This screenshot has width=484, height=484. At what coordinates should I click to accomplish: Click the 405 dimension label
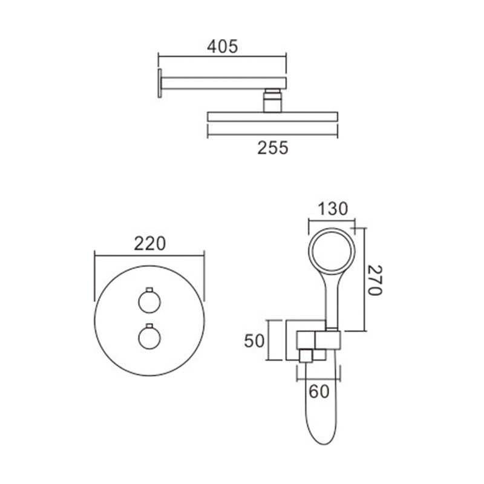[222, 47]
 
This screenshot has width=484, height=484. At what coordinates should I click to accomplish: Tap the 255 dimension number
[273, 148]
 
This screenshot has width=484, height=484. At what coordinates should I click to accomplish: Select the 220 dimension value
[149, 244]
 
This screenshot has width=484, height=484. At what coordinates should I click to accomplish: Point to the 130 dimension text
[332, 208]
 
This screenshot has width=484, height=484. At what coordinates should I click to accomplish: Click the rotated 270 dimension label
[375, 280]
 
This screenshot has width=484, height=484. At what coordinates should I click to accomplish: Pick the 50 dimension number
[254, 341]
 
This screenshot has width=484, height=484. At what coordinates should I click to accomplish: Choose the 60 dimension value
[319, 391]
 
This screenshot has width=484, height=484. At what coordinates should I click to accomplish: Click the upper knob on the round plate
[149, 302]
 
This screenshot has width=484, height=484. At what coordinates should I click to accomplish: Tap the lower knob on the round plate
[149, 338]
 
